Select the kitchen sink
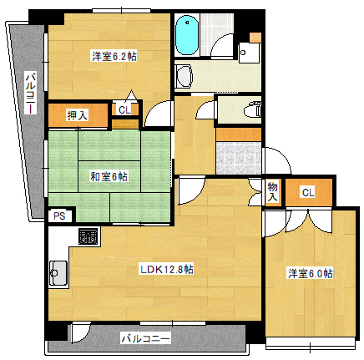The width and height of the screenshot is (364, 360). pos(58,271)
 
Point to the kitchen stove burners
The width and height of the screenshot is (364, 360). pos(87,236)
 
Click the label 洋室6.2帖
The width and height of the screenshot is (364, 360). pos(114,56)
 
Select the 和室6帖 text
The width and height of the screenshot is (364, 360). pos(109,176)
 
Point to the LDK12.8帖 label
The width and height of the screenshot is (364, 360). pos(166,269)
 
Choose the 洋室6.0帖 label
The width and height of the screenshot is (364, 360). pos(311,273)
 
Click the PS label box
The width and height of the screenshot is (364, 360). pos(58,215)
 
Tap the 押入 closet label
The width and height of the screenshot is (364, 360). pos(78,114)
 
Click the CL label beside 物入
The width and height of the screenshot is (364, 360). pos(308,193)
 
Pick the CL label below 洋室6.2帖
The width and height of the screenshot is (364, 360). pos(124,109)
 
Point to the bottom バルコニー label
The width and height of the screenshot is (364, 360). pos(145,339)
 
